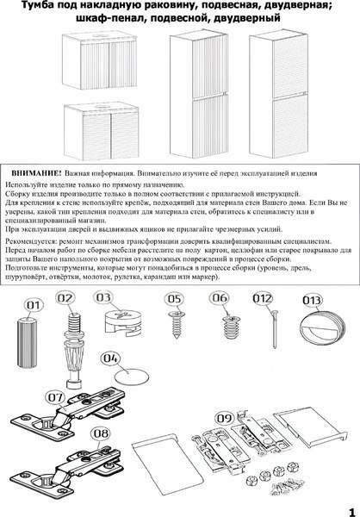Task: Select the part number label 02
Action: click(x=65, y=298)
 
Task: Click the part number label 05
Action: click(x=176, y=299)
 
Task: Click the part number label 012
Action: click(x=263, y=298)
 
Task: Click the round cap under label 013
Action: click(x=312, y=329)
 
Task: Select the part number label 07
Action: click(x=56, y=398)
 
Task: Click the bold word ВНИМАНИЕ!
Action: click(x=39, y=172)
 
